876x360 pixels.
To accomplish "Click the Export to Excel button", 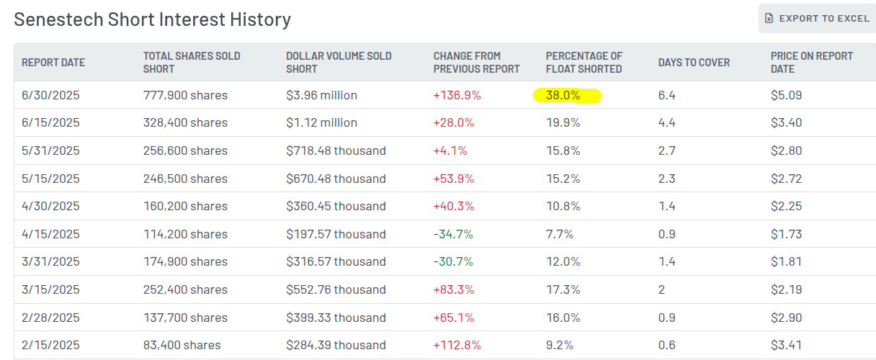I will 817,18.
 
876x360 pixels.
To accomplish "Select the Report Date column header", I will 53,63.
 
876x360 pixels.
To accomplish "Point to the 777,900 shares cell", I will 185,95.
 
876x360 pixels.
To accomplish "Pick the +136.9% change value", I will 457,95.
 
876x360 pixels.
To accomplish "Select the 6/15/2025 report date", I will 50,123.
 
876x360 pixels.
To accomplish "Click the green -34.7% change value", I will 453,234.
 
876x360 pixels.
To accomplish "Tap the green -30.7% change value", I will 453,262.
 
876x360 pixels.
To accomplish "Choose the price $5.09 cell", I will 786,95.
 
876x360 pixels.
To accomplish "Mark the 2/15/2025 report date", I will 50,346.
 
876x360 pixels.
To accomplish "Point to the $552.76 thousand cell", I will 336,289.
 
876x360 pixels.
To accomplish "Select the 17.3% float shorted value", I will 563,289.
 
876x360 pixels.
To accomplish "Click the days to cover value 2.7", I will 666,150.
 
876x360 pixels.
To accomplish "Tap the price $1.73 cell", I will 785,234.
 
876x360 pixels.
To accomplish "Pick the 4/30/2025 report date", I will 50,207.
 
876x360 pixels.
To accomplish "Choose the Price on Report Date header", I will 811,63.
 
